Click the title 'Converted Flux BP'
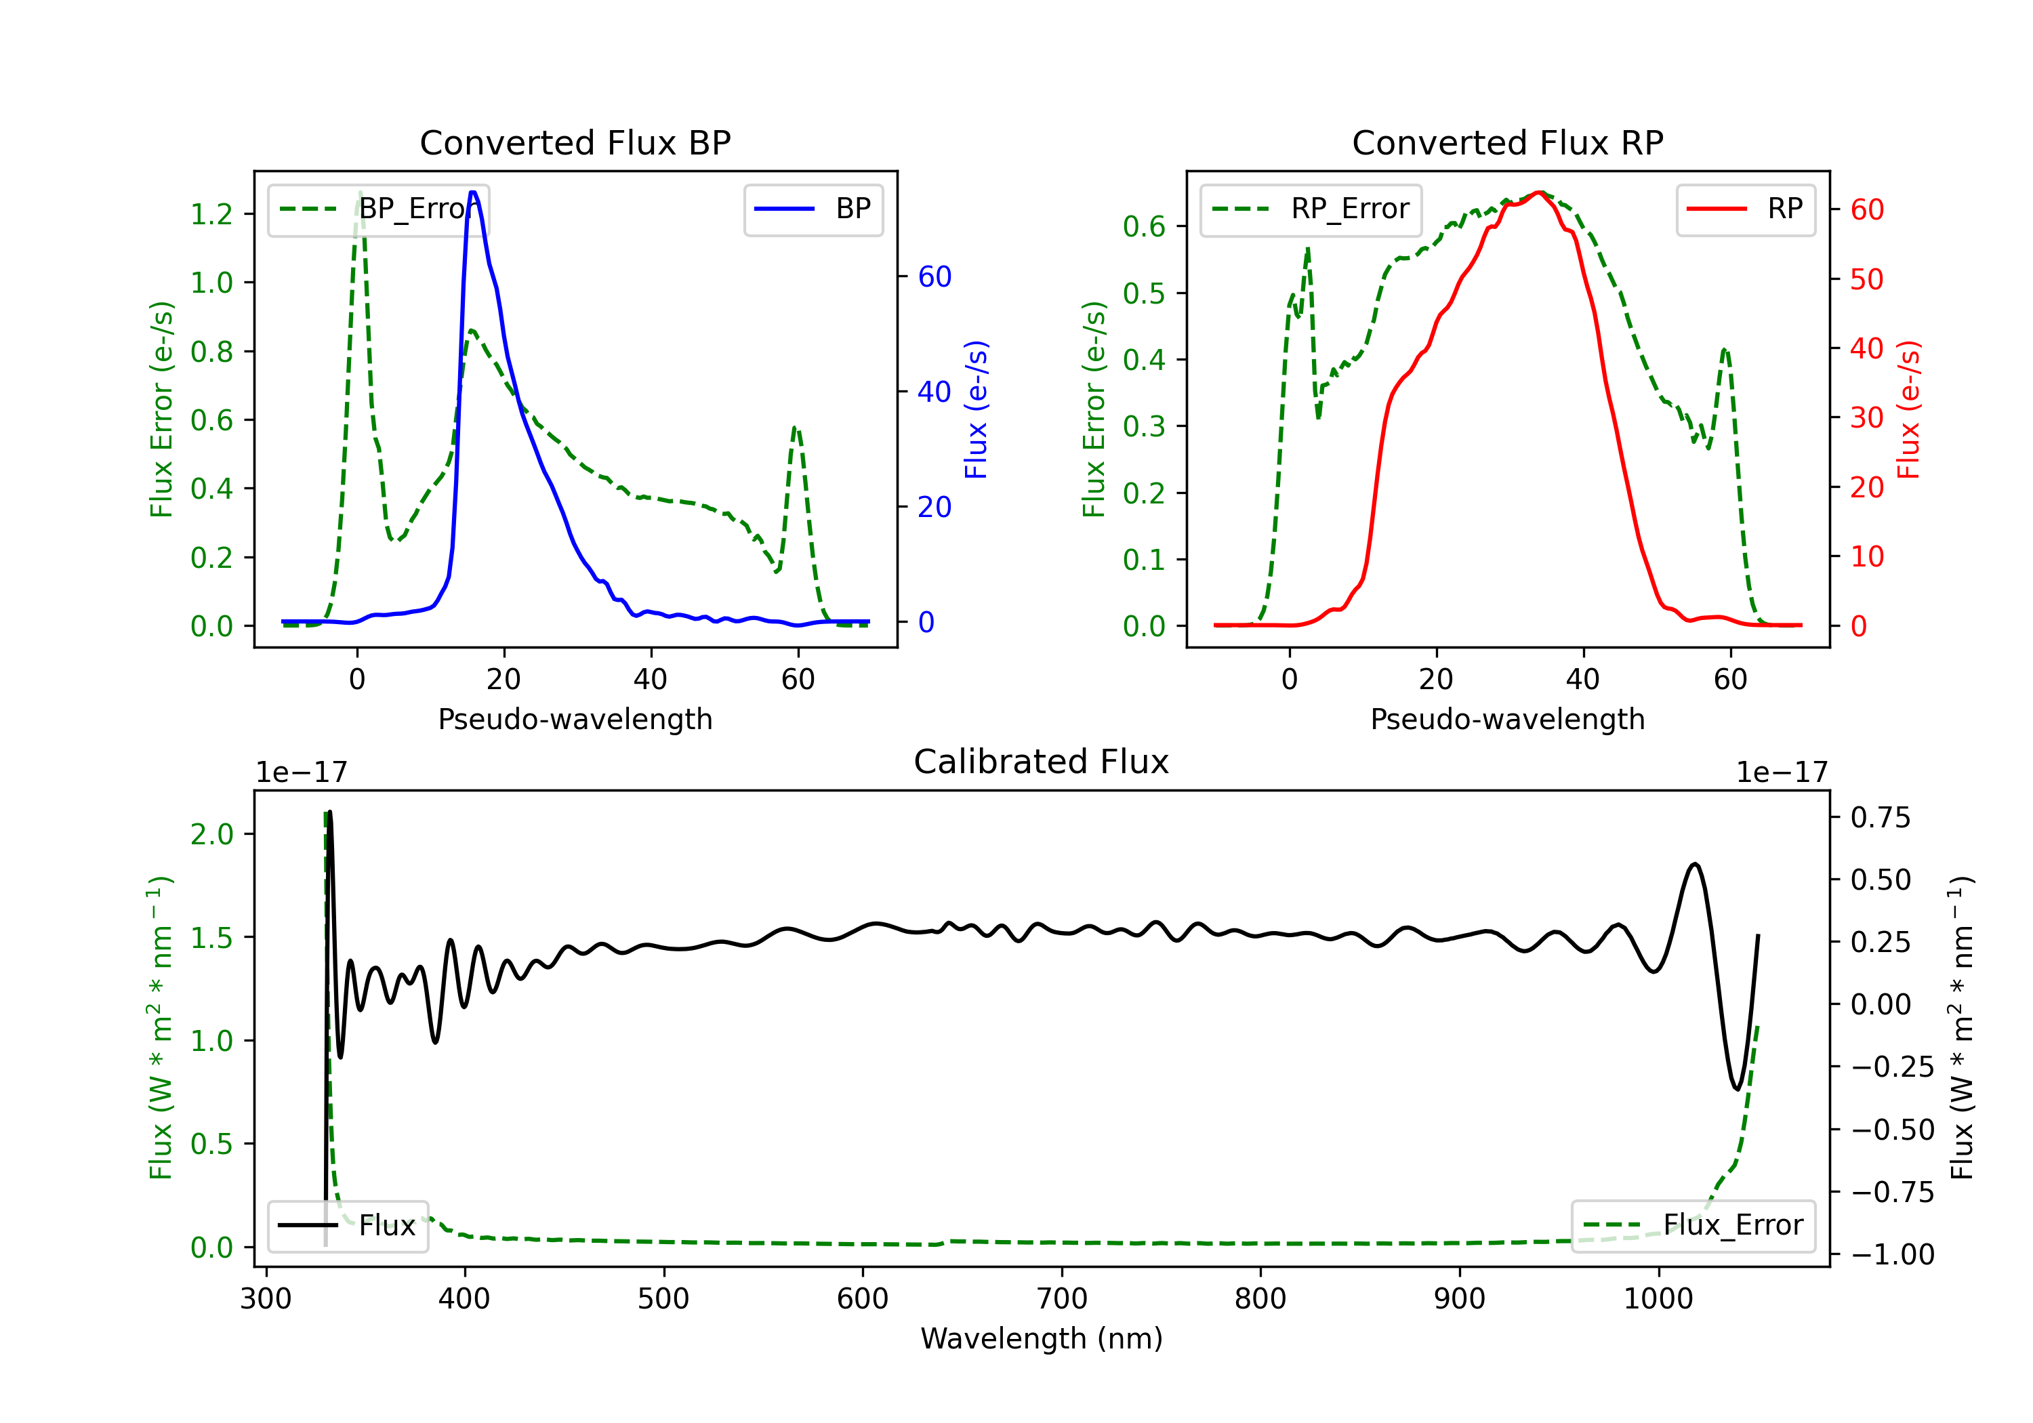coord(575,142)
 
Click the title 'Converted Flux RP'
coord(1507,142)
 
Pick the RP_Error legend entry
coord(1311,209)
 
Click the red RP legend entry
coord(1745,209)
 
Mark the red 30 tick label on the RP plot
coord(1866,418)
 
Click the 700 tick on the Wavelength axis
coord(1062,1299)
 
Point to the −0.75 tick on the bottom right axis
coord(1892,1192)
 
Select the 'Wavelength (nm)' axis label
coord(1042,1338)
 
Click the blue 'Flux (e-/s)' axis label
coord(976,410)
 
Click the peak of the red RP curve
coord(1540,192)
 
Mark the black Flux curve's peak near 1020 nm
coord(1695,863)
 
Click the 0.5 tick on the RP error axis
coord(1143,293)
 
